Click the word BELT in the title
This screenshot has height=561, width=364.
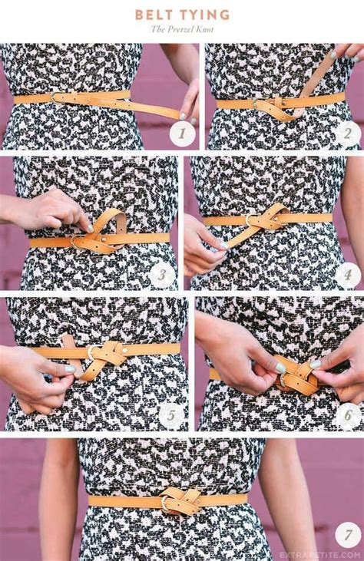click(152, 15)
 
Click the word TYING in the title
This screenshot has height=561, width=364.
click(204, 15)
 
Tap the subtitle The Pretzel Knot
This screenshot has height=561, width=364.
click(182, 30)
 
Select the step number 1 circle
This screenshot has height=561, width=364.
click(182, 134)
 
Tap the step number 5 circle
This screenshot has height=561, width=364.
click(172, 415)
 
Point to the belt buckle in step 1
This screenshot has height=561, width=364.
click(58, 97)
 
